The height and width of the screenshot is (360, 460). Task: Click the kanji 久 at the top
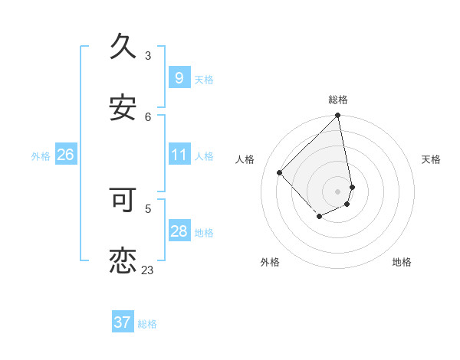(123, 47)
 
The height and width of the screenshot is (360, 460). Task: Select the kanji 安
(123, 109)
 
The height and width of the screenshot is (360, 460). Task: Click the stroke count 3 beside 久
(148, 55)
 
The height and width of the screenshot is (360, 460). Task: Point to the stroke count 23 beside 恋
(148, 270)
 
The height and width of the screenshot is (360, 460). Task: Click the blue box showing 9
(179, 77)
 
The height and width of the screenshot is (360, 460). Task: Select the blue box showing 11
(179, 155)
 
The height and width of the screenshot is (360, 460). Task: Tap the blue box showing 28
(179, 231)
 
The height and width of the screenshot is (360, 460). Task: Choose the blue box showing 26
(65, 155)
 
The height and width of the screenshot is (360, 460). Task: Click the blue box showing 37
(122, 322)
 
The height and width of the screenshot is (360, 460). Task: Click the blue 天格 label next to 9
(204, 79)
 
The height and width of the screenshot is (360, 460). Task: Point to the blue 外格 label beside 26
(41, 156)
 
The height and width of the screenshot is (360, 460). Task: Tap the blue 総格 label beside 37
(147, 324)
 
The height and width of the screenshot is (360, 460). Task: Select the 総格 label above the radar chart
(338, 100)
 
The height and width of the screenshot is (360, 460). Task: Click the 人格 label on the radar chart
(245, 159)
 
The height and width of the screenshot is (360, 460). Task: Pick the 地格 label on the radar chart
(402, 262)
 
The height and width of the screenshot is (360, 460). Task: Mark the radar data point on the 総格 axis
(338, 116)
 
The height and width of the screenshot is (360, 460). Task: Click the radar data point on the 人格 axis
(280, 172)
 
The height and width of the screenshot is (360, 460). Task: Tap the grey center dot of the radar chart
(338, 191)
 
